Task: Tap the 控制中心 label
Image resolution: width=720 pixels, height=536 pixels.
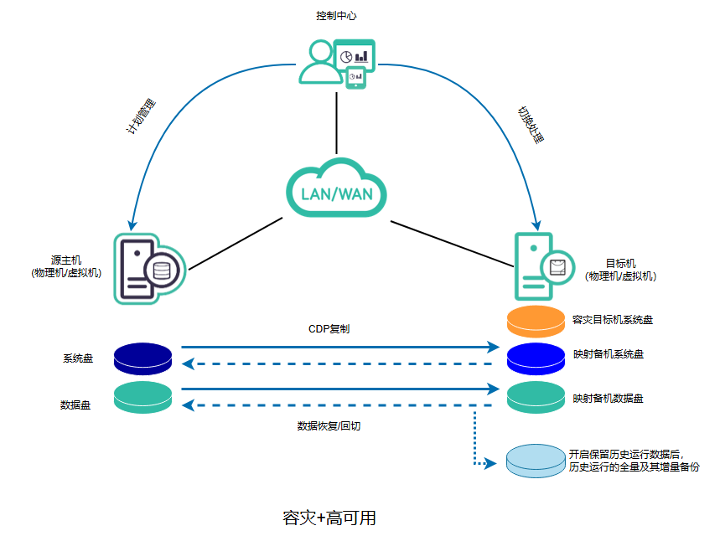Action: pos(337,16)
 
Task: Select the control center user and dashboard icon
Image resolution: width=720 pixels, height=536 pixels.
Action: pos(336,63)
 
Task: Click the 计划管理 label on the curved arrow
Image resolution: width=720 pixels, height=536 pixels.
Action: pos(139,119)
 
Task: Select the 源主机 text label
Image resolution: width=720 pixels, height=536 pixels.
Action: pos(66,267)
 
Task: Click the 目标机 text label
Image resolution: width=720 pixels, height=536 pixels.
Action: pos(620,269)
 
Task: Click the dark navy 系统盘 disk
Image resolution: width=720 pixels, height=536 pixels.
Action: pos(142,358)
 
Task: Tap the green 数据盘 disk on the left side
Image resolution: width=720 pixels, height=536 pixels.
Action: pos(142,397)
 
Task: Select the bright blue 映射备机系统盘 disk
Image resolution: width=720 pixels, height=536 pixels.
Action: pos(536,358)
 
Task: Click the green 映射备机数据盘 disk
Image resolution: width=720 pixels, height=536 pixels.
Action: pos(536,395)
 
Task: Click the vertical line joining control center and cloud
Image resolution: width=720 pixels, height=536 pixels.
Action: pos(336,121)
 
